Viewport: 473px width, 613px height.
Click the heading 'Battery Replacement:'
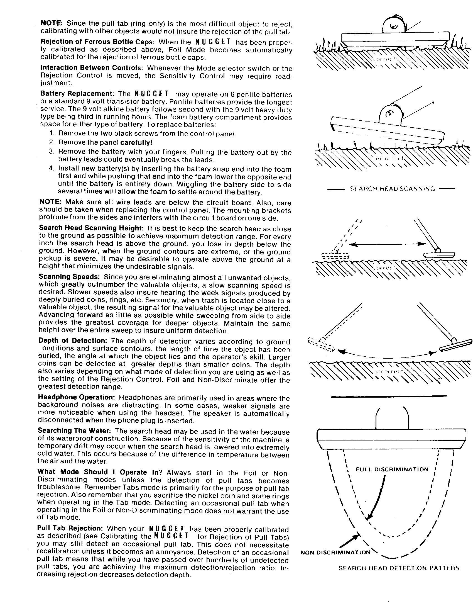[x=77, y=93]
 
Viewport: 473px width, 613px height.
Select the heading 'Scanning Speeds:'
[x=69, y=277]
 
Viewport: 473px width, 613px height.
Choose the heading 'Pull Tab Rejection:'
[x=70, y=528]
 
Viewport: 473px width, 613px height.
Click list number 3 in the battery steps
[x=51, y=152]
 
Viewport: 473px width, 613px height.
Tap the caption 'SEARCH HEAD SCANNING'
[x=392, y=189]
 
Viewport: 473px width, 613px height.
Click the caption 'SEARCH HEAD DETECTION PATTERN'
[x=399, y=568]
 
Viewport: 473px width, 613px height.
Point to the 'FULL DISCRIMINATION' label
[x=392, y=470]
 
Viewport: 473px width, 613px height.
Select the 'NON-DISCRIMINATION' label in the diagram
[x=335, y=552]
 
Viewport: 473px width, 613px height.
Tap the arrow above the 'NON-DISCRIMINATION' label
[x=349, y=541]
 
